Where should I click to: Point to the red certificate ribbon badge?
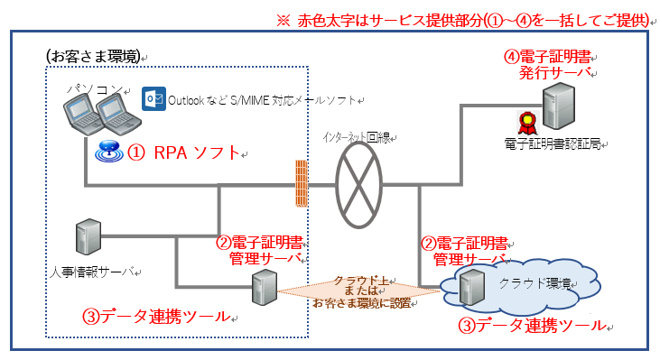tap(523, 122)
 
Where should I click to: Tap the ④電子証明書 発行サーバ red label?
tap(544, 64)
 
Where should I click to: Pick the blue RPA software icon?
tap(108, 151)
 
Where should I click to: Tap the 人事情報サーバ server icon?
tap(88, 237)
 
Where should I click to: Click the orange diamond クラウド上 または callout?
tap(361, 291)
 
